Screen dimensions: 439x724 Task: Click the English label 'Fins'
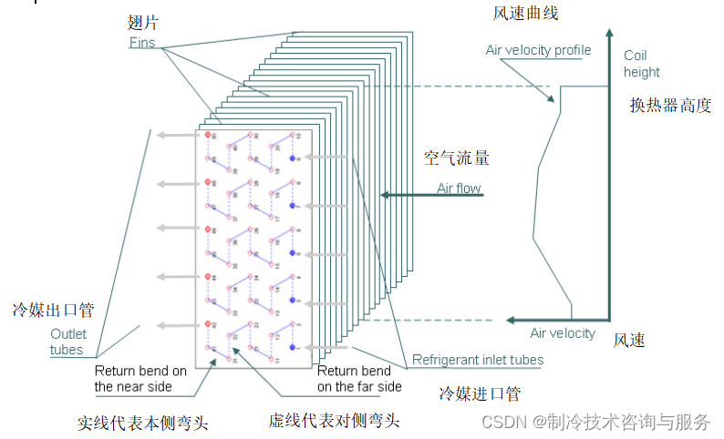142,42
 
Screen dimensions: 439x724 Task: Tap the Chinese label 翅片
143,21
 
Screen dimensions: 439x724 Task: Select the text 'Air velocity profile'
538,50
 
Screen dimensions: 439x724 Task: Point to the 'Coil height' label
642,64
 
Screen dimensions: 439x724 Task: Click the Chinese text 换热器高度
670,105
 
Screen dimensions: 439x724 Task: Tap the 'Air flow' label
459,189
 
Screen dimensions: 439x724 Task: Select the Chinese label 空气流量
457,158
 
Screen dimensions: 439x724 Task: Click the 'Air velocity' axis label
563,333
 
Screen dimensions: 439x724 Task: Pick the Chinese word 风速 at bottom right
629,341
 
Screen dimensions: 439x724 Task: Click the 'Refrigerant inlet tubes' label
478,360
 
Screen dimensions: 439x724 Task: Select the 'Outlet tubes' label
67,342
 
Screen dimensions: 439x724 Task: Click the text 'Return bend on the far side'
359,379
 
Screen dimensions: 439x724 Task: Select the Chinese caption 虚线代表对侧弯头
334,421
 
